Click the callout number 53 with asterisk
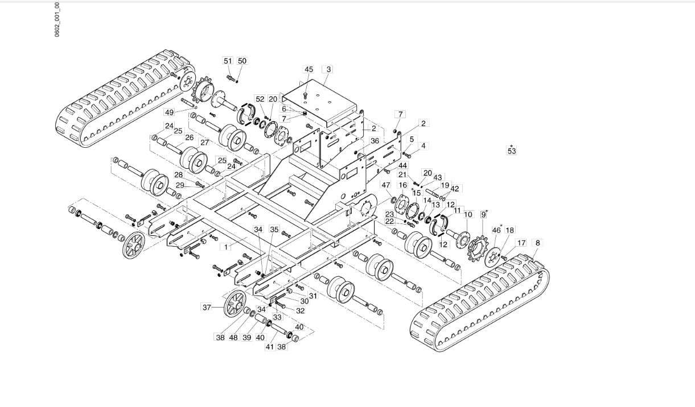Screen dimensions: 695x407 512,150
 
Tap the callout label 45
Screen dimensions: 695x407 309,69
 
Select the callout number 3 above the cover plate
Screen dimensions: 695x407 328,69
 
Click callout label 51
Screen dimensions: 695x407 228,61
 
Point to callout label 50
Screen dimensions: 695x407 242,61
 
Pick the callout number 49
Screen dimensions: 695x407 170,112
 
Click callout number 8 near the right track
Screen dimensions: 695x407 538,243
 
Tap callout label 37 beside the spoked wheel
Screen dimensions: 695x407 207,308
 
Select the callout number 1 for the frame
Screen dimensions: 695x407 226,247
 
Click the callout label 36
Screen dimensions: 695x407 375,141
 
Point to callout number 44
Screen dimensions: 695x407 403,165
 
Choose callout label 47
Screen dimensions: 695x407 386,185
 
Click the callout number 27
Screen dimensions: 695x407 205,143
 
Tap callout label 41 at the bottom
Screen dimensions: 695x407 270,347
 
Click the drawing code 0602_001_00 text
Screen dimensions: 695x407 57,20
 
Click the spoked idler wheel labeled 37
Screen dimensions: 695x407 235,304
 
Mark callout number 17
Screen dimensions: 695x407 521,243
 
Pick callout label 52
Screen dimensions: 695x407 260,99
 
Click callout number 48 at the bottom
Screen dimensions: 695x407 233,337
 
